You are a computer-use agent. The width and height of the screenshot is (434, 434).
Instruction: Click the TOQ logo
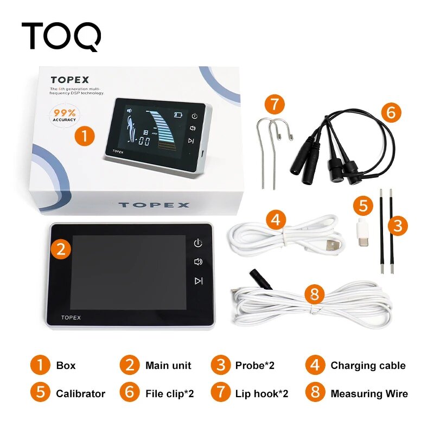[x=61, y=36]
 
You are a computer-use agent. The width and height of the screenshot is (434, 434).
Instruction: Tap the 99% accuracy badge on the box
[x=65, y=115]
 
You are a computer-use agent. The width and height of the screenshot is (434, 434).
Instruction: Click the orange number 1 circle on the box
[x=85, y=135]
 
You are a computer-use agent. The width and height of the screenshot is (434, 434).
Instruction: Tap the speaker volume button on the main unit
[x=199, y=261]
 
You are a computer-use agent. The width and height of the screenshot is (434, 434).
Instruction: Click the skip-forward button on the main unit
[x=199, y=280]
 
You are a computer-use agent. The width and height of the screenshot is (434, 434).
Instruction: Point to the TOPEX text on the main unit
[x=71, y=317]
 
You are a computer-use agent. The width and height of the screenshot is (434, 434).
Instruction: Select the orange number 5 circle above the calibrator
[x=363, y=206]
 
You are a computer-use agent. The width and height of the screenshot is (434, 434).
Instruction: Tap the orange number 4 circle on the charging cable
[x=276, y=220]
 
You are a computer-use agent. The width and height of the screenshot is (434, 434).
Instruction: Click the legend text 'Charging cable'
[x=368, y=366]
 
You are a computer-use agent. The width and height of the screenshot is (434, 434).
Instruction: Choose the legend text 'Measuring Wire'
[x=369, y=394]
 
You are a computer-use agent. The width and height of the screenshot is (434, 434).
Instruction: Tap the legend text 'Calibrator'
[x=80, y=394]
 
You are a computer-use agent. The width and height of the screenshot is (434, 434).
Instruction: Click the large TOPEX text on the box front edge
[x=154, y=205]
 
